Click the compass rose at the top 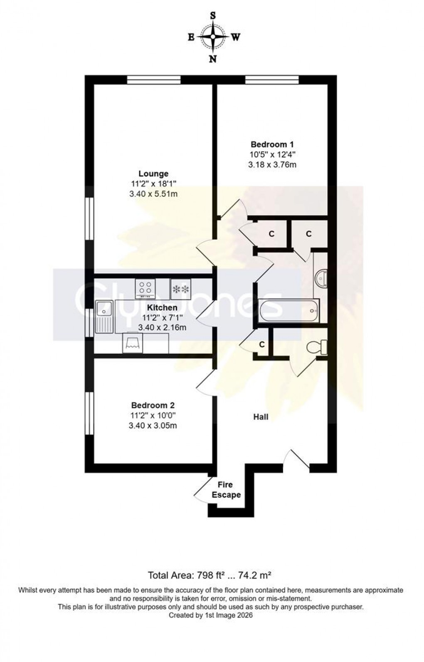[x=212, y=37]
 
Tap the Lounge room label [x=153, y=174]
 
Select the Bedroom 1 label [x=272, y=144]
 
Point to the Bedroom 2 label [x=153, y=405]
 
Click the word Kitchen [x=162, y=307]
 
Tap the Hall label [x=261, y=417]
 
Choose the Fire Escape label [x=226, y=490]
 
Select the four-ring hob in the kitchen [x=145, y=288]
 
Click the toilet [x=318, y=346]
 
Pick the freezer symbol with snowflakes [x=180, y=288]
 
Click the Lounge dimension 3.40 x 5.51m [x=153, y=194]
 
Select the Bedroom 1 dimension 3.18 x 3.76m [x=272, y=165]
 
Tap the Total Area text [x=210, y=575]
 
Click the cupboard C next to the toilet [x=262, y=345]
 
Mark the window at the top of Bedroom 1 [x=272, y=79]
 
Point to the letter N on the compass [x=212, y=59]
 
